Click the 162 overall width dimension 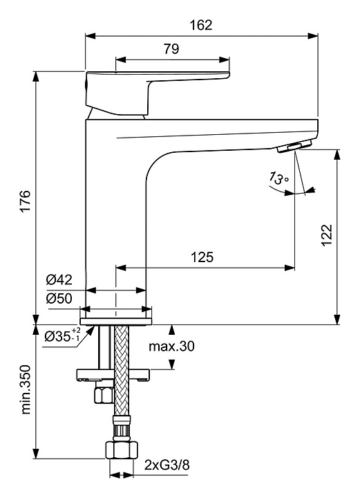point(201,25)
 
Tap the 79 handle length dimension point(171,48)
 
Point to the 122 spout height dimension point(326,234)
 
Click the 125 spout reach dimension point(202,257)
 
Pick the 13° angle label point(278,178)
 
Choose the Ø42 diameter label point(59,280)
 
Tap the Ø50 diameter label point(59,299)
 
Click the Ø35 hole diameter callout point(62,335)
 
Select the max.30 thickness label point(171,347)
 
